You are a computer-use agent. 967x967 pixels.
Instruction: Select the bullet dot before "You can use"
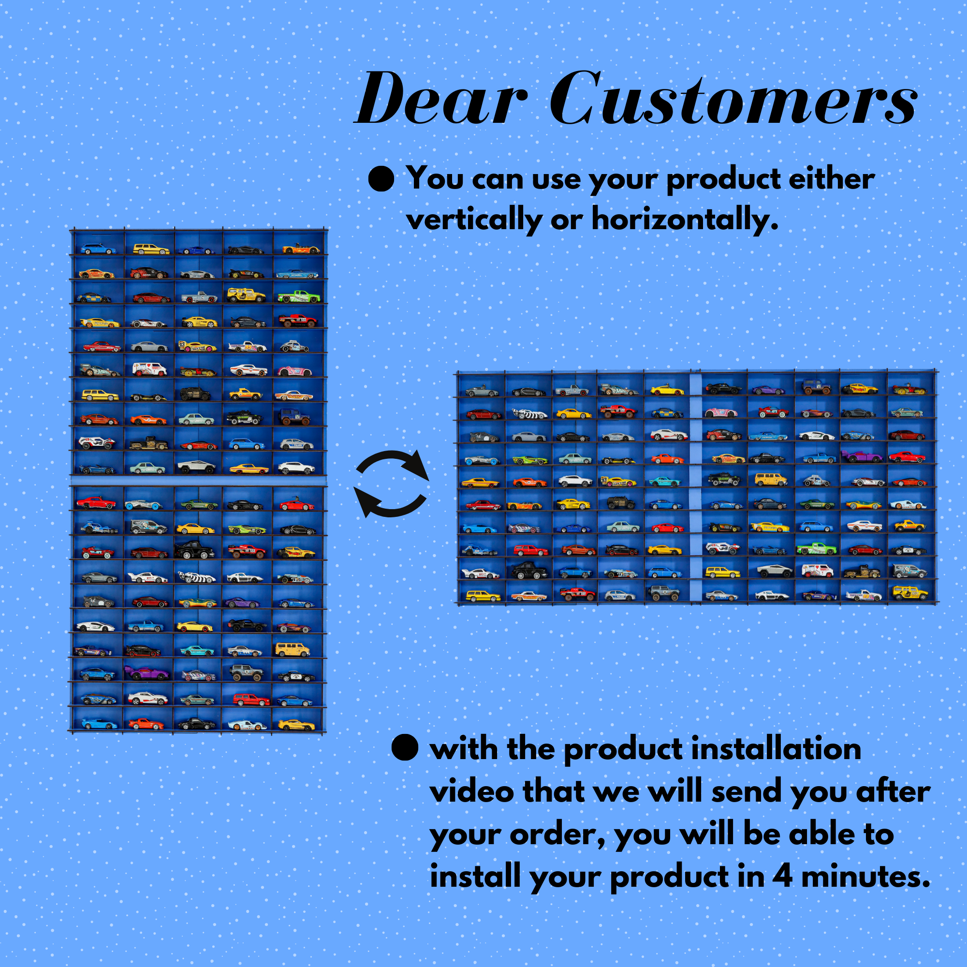[381, 179]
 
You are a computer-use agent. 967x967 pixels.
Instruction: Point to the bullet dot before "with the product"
[405, 748]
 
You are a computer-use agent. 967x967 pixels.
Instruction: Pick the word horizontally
[685, 219]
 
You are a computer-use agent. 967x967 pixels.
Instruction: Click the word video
[472, 792]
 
